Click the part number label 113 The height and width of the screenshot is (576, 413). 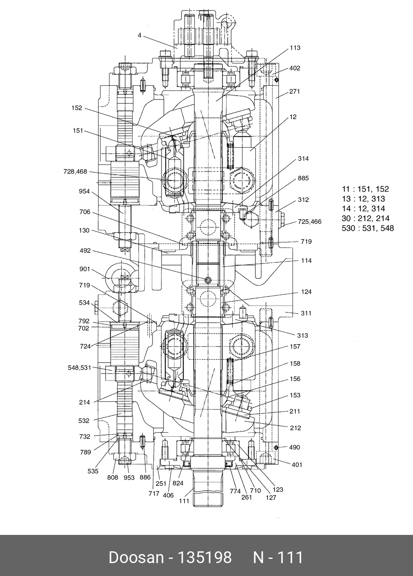point(295,48)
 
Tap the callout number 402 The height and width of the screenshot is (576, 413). point(295,68)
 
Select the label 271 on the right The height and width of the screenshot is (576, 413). point(294,92)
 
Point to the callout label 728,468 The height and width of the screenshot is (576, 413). point(75,172)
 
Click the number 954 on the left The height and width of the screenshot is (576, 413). point(84,191)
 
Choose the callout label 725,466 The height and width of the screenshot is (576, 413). point(309,222)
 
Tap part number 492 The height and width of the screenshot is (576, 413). point(85,251)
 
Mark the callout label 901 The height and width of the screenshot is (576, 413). point(84,269)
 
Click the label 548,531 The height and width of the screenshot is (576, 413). point(79,368)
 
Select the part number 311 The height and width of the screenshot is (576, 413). point(306,313)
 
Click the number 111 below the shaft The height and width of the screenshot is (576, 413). point(184,501)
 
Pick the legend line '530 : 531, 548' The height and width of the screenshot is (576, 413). point(368,228)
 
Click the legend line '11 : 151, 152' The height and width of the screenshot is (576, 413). point(365,189)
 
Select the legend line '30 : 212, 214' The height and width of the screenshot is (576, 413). point(365,218)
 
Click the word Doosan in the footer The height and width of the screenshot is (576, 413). point(136,557)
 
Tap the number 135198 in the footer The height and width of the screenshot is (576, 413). point(205,557)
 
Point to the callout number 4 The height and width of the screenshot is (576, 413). point(139,35)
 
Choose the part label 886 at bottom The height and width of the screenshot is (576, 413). point(145,477)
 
